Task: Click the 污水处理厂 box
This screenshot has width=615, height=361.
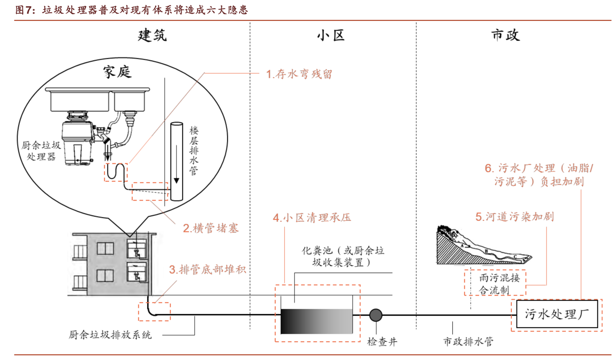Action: coord(557,314)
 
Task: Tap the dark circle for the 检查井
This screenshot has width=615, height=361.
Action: coord(376,315)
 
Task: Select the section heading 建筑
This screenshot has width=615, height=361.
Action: coord(152,35)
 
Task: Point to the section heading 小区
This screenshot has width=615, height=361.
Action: coord(331,35)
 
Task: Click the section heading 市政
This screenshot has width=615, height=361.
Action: coord(505,35)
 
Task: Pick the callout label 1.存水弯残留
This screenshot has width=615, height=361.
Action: coord(299,74)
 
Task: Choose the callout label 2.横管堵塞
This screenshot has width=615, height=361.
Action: coord(211,228)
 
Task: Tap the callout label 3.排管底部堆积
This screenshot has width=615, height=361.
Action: coord(207,269)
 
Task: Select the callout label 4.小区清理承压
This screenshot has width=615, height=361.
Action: coord(312,217)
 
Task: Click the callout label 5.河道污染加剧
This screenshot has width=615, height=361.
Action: coord(515,217)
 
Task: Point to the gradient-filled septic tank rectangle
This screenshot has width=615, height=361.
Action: coord(316,321)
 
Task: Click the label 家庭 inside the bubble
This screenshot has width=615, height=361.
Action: coord(117,72)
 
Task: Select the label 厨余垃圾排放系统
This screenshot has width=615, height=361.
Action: coord(110,335)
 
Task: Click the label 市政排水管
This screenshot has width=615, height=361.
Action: coord(468,341)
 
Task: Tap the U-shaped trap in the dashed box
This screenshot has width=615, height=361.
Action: coord(116,172)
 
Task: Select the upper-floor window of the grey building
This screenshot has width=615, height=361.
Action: coord(105,248)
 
